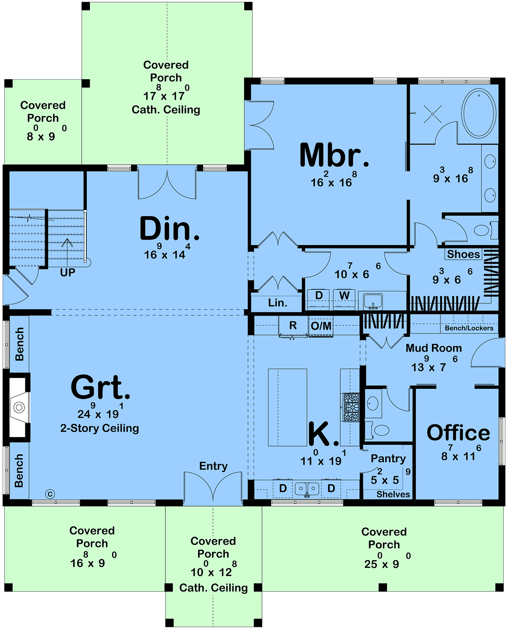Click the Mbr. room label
point(334,155)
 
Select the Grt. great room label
point(100,387)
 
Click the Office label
point(458,433)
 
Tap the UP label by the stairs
point(68,273)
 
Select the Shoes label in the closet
point(463,254)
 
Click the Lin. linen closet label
point(277,303)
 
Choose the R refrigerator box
point(293,326)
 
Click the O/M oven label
point(321,326)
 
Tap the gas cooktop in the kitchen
point(351,407)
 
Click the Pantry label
point(388,459)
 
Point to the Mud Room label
point(433,348)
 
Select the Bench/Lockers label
point(469,328)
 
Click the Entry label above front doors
point(213,466)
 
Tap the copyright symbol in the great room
point(50,494)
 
